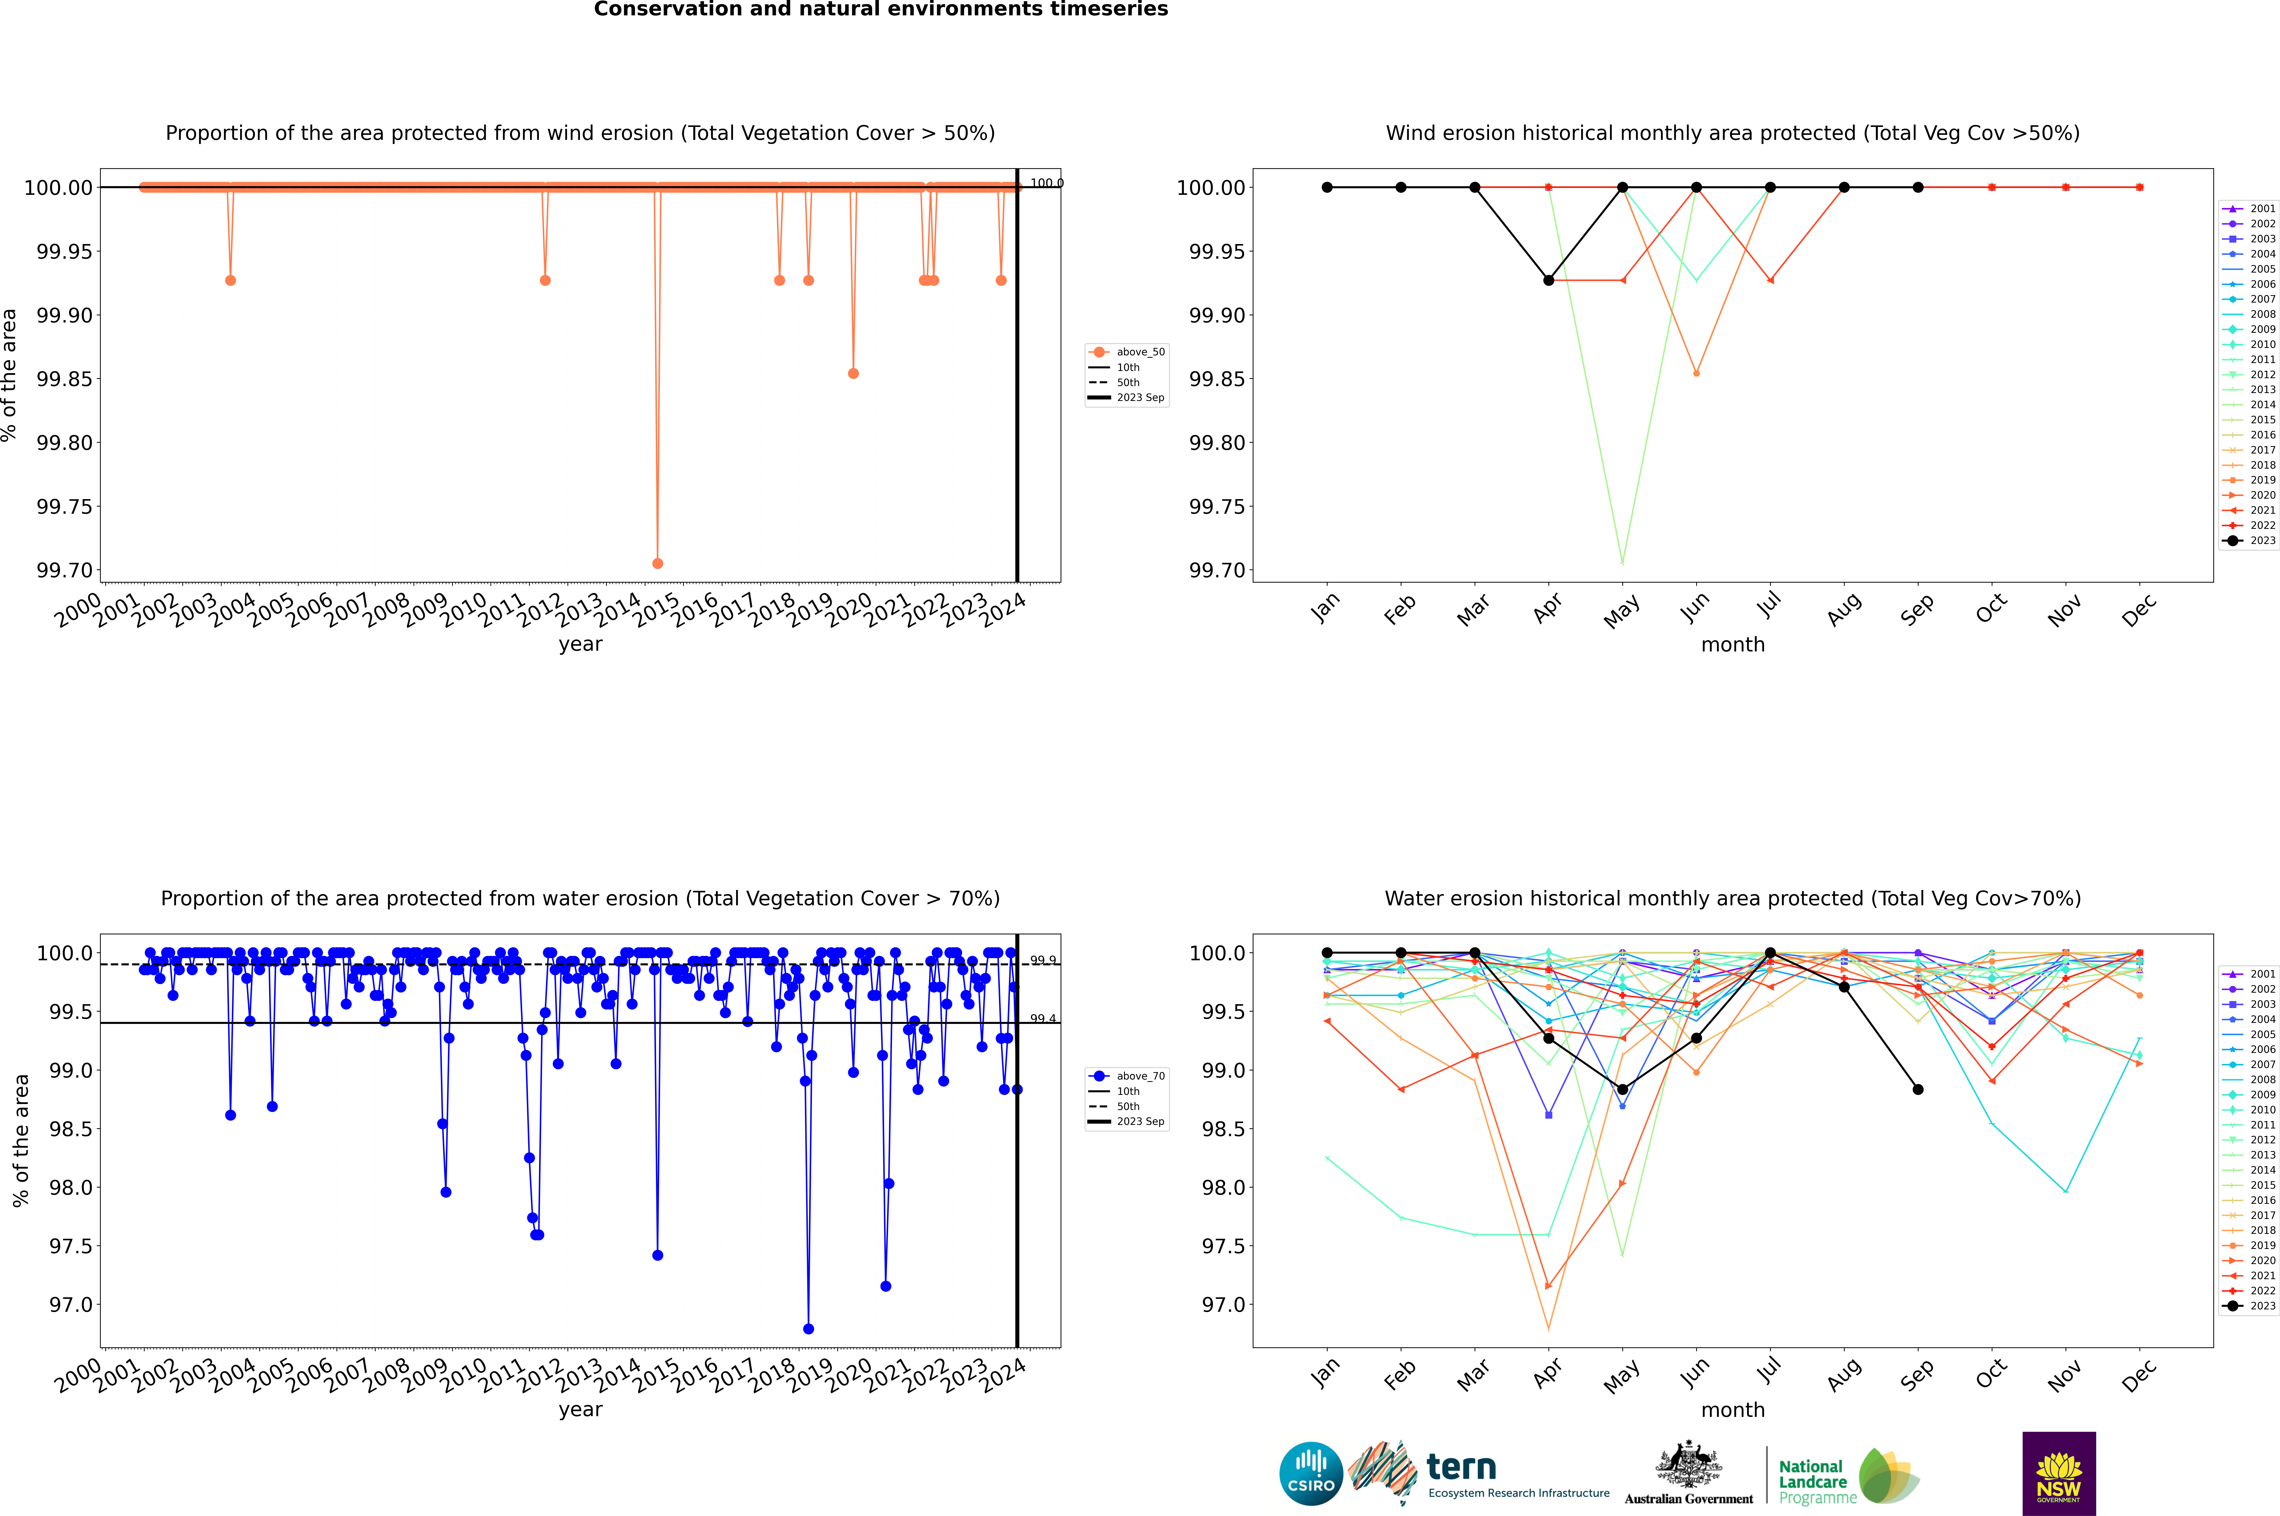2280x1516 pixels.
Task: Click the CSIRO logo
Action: click(1311, 1474)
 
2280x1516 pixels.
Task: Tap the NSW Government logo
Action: click(2059, 1474)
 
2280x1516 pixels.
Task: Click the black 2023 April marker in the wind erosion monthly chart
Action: click(1548, 281)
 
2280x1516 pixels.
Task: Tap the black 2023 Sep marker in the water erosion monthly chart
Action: click(1918, 1090)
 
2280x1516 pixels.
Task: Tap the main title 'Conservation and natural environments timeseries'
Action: click(880, 10)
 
